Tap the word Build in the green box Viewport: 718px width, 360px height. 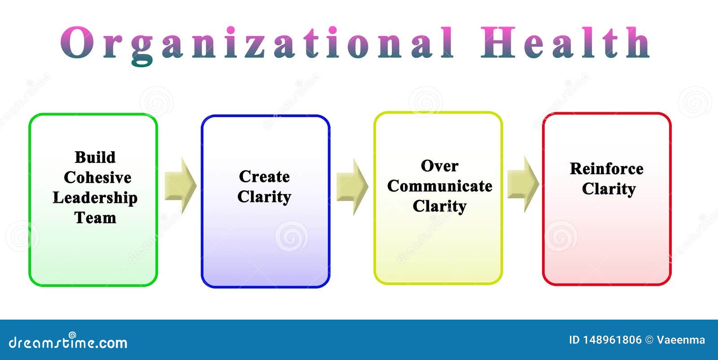pyautogui.click(x=95, y=158)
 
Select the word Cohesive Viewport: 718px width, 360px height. pyautogui.click(x=97, y=178)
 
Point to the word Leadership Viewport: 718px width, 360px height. pyautogui.click(x=95, y=198)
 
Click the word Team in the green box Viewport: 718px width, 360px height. pyautogui.click(x=95, y=218)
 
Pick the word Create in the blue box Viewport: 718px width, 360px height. pyautogui.click(x=264, y=176)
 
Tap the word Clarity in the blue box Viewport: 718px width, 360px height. pyautogui.click(x=264, y=197)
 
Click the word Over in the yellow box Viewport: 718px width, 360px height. pyautogui.click(x=439, y=166)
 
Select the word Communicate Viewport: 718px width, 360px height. pyautogui.click(x=439, y=186)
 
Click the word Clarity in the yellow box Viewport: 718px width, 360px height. pyautogui.click(x=439, y=206)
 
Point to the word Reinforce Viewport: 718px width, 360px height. pyautogui.click(x=606, y=169)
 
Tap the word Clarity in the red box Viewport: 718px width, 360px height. pyautogui.click(x=609, y=189)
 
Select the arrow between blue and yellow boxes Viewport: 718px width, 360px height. pyautogui.click(x=352, y=186)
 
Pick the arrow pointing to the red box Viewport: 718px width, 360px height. pyautogui.click(x=523, y=184)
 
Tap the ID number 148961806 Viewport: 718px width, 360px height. pyautogui.click(x=612, y=340)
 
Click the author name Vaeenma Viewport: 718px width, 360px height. pyautogui.click(x=681, y=340)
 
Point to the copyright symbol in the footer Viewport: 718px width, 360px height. pyautogui.click(x=649, y=340)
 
